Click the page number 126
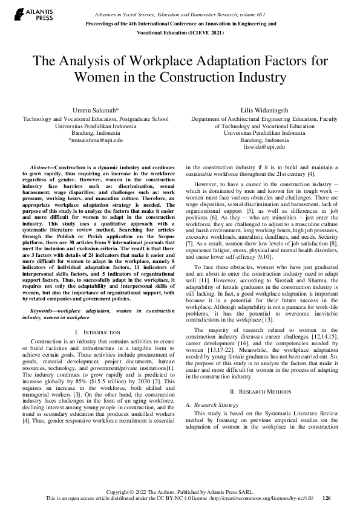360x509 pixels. (x=327, y=498)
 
